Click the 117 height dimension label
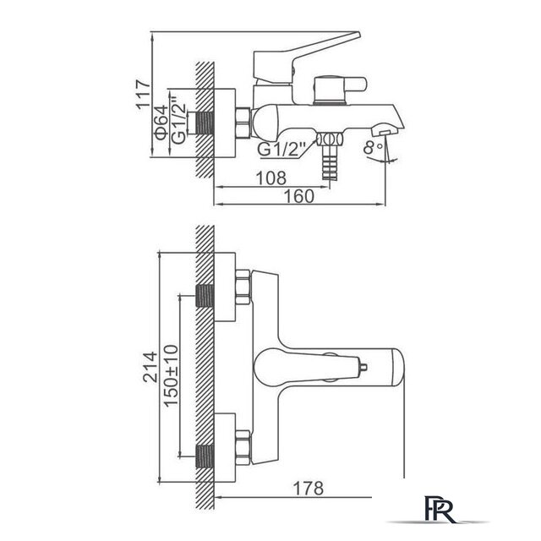[143, 95]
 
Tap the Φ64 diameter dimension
[161, 123]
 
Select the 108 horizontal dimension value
[271, 178]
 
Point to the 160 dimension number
[299, 196]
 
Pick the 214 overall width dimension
[150, 367]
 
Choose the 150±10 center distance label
[171, 375]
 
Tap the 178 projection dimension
[308, 488]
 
